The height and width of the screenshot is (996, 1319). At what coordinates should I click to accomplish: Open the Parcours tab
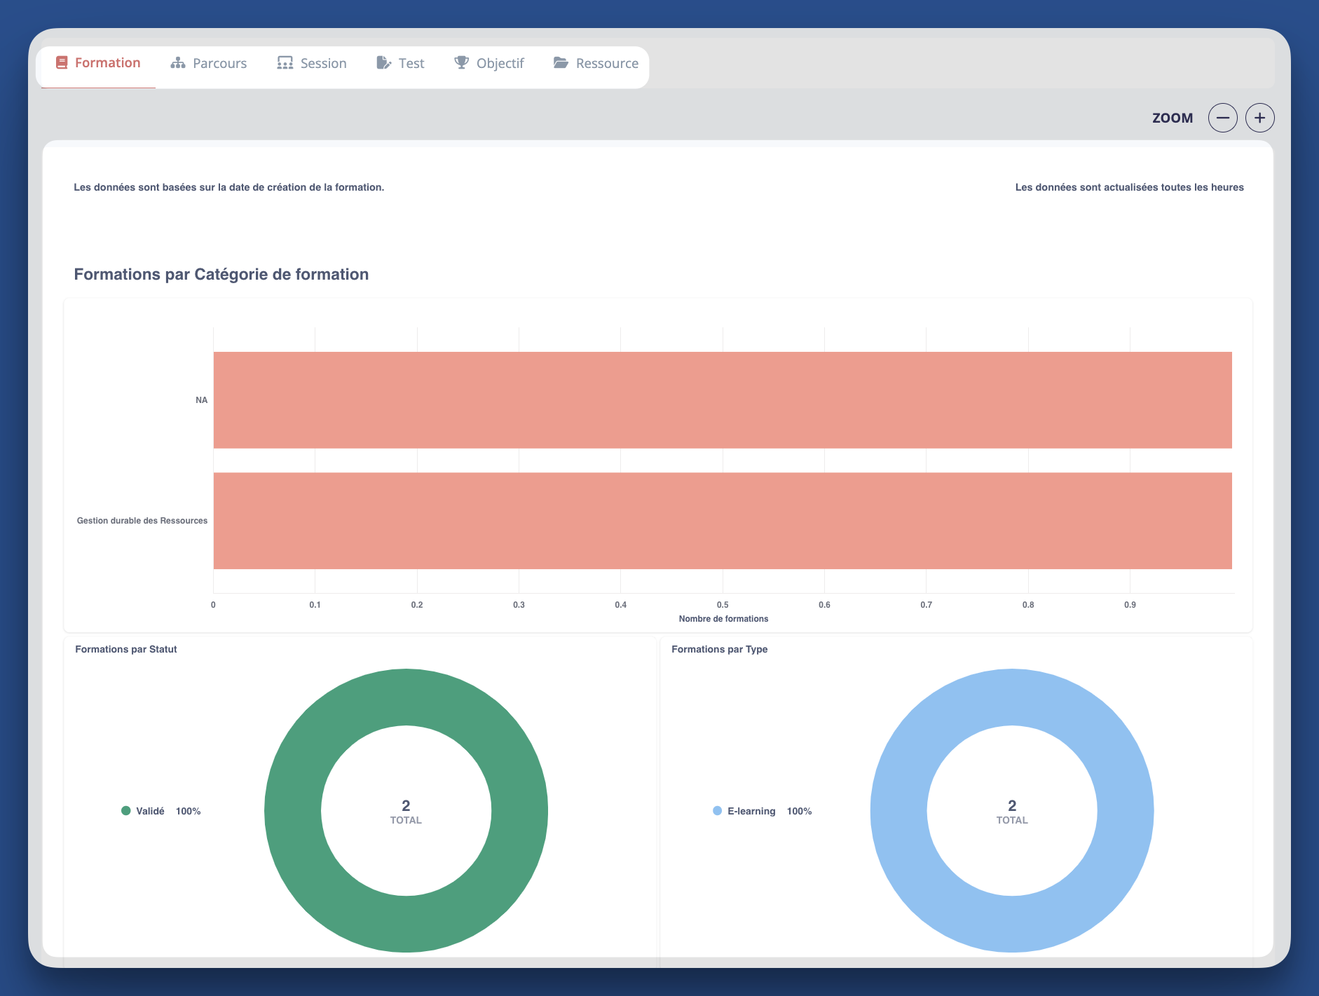tap(209, 63)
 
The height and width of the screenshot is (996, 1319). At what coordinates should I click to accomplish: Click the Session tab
tap(312, 63)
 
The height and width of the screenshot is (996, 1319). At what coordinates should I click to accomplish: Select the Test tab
tap(400, 63)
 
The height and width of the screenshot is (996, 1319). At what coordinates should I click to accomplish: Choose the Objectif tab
tap(489, 63)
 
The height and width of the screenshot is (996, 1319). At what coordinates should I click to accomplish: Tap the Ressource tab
tap(596, 63)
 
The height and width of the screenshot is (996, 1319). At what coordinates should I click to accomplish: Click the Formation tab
tap(98, 63)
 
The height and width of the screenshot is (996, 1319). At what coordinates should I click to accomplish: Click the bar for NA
tap(722, 400)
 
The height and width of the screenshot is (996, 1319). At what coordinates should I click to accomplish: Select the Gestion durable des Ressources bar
tap(722, 521)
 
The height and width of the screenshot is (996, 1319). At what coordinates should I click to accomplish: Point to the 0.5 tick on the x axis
tap(723, 605)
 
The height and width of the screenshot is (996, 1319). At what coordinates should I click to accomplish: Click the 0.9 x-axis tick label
tap(1130, 605)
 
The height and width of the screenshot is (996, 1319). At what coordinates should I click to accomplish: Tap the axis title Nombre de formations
tap(723, 619)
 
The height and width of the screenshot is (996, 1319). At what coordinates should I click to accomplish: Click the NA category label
tap(202, 400)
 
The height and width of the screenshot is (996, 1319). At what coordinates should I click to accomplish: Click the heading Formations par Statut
tap(126, 649)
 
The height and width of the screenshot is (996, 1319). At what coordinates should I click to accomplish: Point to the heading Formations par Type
tap(719, 649)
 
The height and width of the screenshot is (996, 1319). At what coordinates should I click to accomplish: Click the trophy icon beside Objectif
tap(461, 62)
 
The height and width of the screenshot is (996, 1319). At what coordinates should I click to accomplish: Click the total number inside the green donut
tap(406, 805)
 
